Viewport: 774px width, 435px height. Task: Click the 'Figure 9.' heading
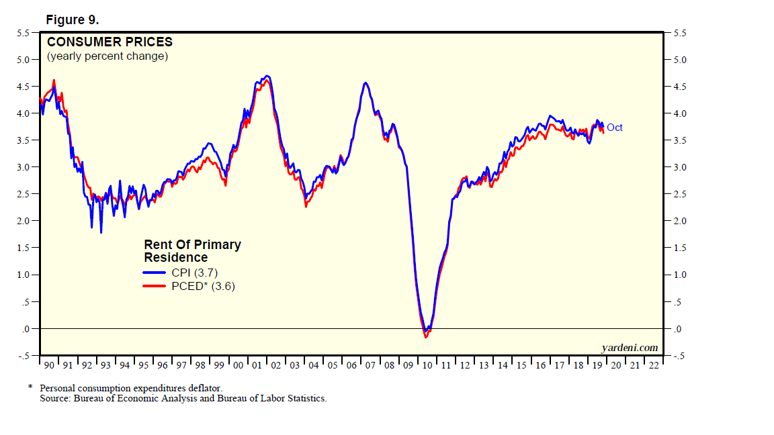pos(72,20)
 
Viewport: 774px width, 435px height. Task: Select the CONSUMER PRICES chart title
pos(110,42)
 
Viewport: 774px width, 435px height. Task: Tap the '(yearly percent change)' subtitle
pos(107,56)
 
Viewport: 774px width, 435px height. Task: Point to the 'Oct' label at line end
pos(615,128)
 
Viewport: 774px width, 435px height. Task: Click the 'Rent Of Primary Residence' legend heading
pos(192,251)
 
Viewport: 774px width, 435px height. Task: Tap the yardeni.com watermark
pos(629,347)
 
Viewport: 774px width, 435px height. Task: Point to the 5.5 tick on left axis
pos(23,32)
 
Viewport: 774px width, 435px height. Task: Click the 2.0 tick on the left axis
pos(23,221)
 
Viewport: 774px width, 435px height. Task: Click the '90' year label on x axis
pos(49,365)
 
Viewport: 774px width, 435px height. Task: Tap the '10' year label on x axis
pos(428,365)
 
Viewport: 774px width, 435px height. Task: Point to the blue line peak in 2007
pos(365,83)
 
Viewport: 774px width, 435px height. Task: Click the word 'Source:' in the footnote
pos(55,398)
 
